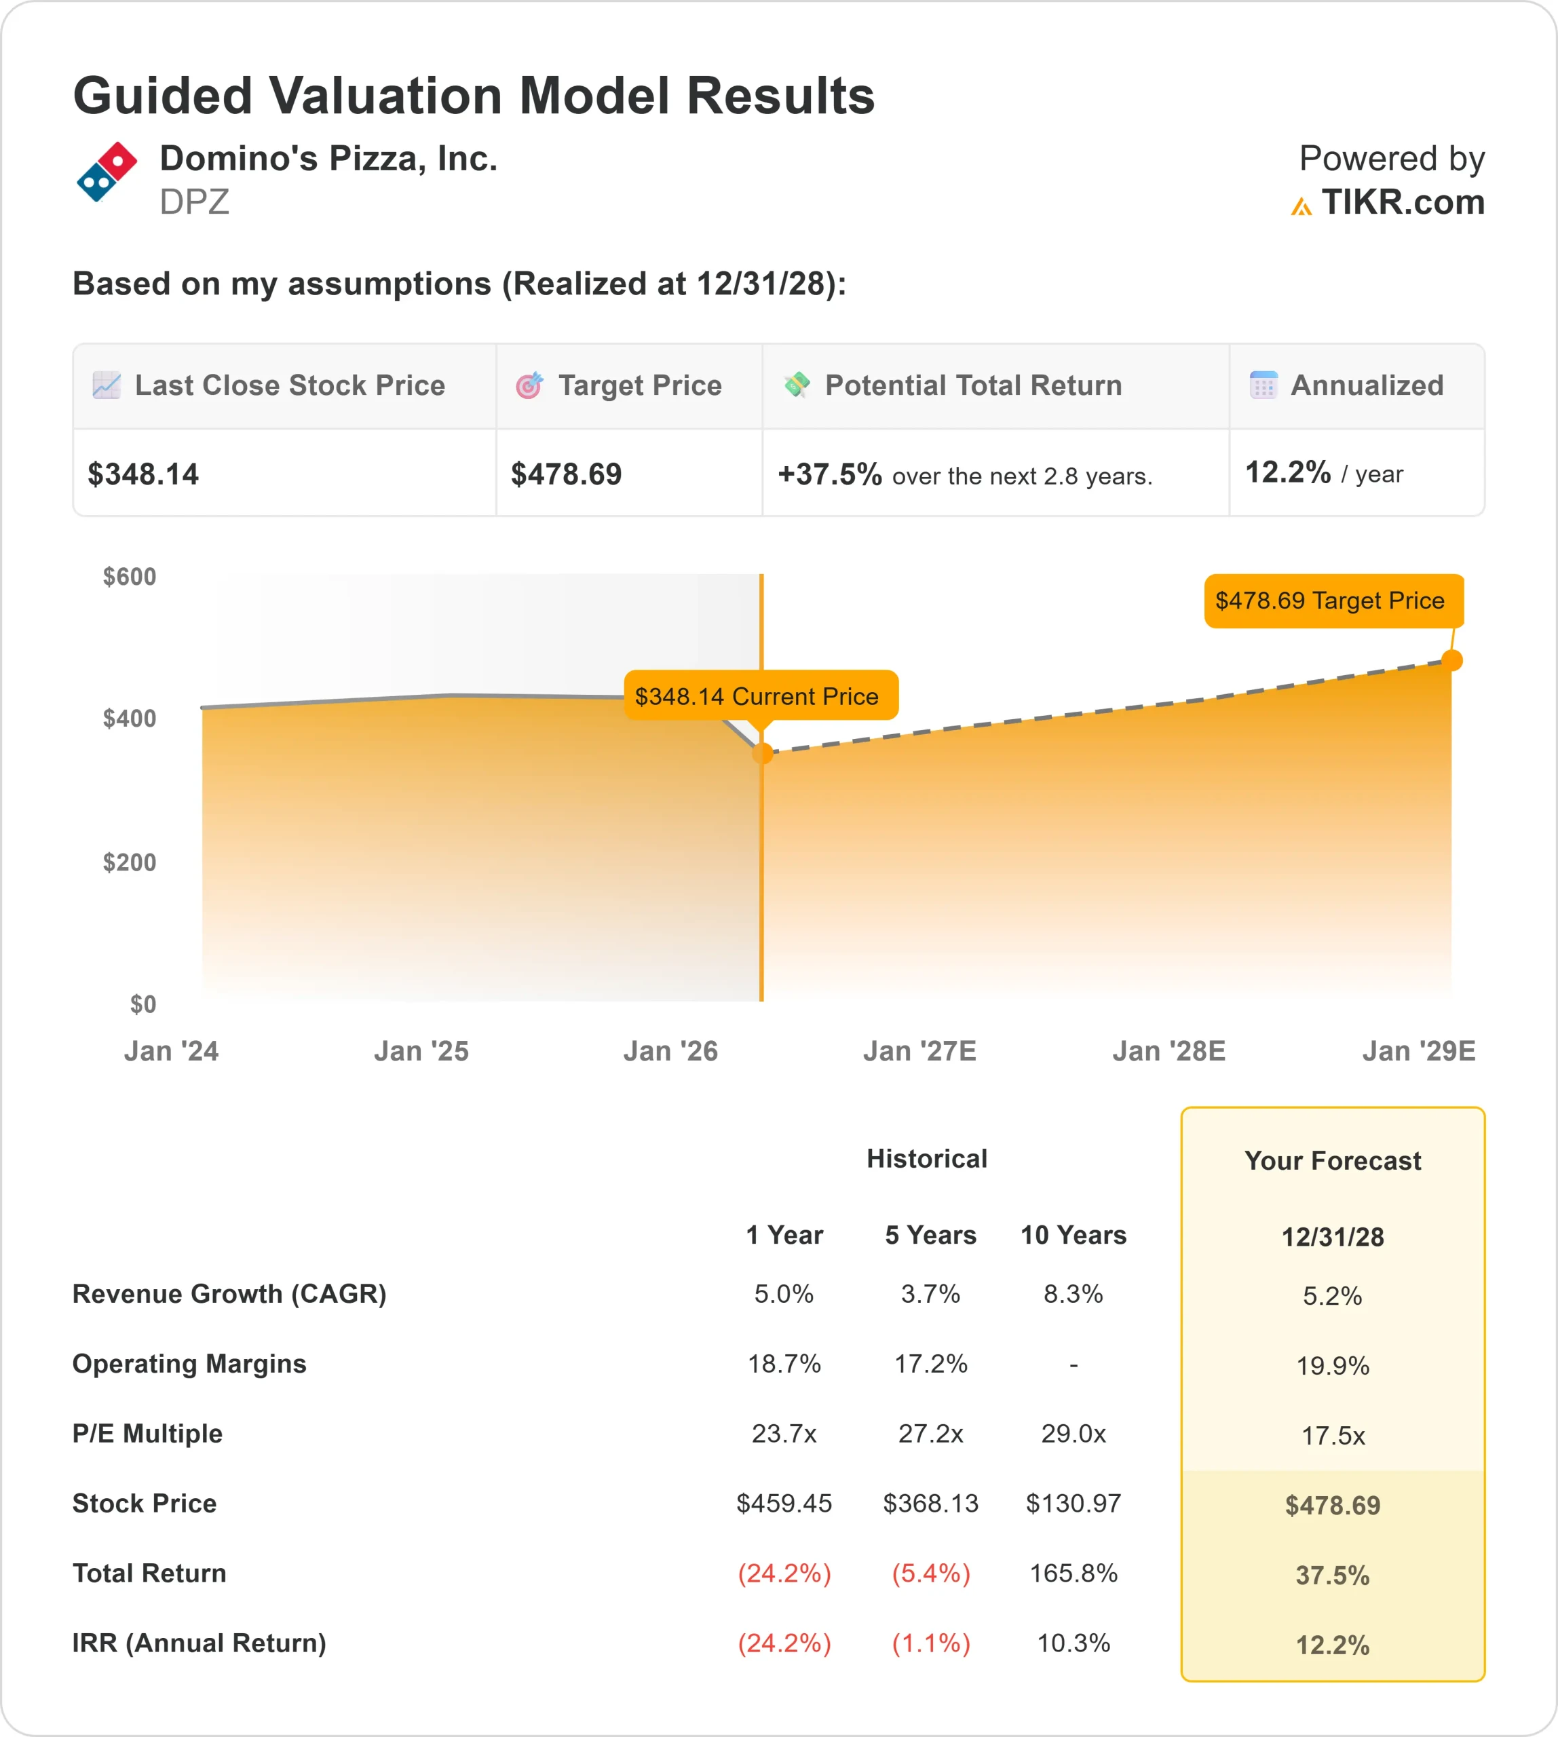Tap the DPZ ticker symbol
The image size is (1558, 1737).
pyautogui.click(x=194, y=202)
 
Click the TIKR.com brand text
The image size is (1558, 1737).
pyautogui.click(x=1402, y=202)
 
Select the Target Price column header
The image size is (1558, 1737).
pyautogui.click(x=639, y=385)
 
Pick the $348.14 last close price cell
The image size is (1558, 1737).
pyautogui.click(x=144, y=474)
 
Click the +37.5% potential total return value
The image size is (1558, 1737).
pyautogui.click(x=829, y=474)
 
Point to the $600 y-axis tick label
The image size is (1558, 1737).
pyautogui.click(x=129, y=577)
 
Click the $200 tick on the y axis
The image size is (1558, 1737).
pyautogui.click(x=129, y=862)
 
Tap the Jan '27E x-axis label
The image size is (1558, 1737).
pyautogui.click(x=919, y=1050)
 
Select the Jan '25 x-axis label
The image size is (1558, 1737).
pyautogui.click(x=421, y=1050)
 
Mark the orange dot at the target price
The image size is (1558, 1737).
pyautogui.click(x=1452, y=660)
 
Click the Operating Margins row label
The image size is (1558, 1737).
pyautogui.click(x=189, y=1364)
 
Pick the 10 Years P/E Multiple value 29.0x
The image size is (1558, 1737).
pyautogui.click(x=1073, y=1433)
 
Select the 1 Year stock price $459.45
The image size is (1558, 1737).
pyautogui.click(x=784, y=1504)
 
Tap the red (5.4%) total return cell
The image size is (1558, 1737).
pyautogui.click(x=930, y=1573)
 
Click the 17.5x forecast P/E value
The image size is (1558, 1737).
pyautogui.click(x=1333, y=1436)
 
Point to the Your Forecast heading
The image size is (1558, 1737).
pyautogui.click(x=1333, y=1161)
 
